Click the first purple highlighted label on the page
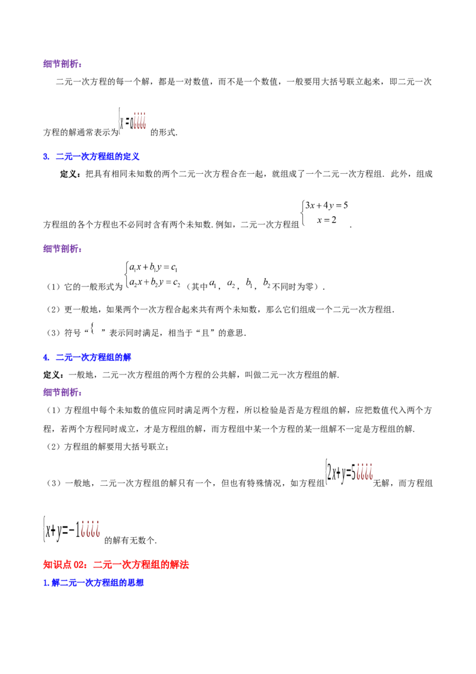(x=63, y=65)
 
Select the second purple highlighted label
(x=63, y=249)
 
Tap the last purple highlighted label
(x=63, y=394)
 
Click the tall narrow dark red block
(x=140, y=121)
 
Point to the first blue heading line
(x=92, y=157)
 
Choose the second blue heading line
(x=87, y=357)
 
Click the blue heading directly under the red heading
(x=94, y=583)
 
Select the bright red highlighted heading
(x=116, y=564)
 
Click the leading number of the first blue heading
(x=46, y=157)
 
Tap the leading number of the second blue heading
(x=46, y=358)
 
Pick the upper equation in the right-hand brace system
(x=330, y=206)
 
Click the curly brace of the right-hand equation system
(x=305, y=212)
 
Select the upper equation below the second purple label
(x=146, y=266)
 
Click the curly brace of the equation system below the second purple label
(x=126, y=273)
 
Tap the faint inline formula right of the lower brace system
(x=238, y=284)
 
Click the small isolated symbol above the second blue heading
(x=92, y=325)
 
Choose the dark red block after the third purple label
(x=365, y=472)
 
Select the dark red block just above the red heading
(x=90, y=528)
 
